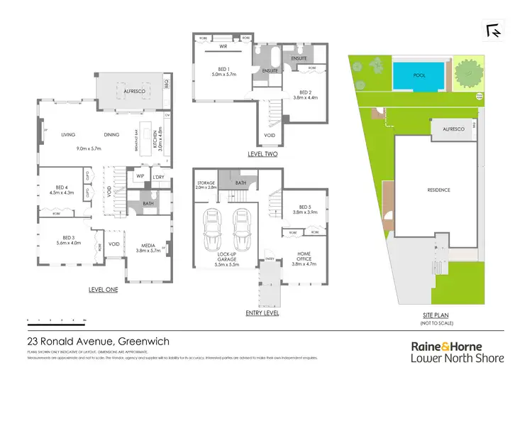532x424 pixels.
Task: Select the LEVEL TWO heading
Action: [x=262, y=154]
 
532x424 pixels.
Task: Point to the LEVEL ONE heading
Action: [x=104, y=290]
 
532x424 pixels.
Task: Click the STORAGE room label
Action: [x=205, y=184]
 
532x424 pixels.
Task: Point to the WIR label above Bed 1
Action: [x=223, y=48]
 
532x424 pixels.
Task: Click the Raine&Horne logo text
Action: [x=458, y=346]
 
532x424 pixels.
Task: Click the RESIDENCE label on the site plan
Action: [x=438, y=190]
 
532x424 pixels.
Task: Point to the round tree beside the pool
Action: [x=467, y=72]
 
